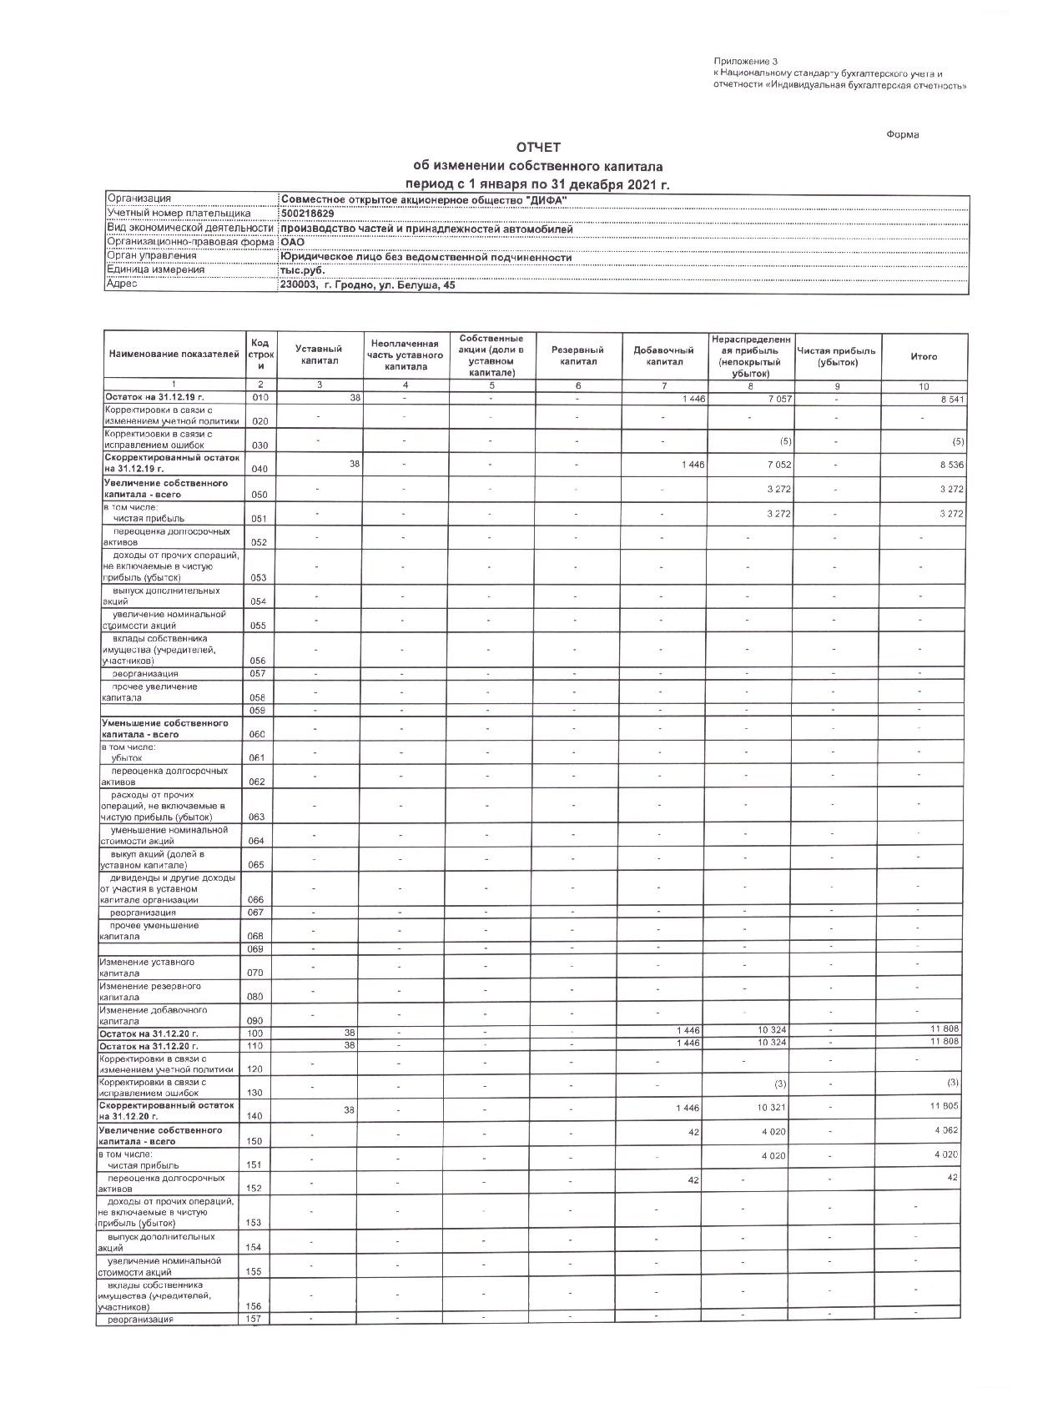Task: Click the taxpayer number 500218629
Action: [308, 214]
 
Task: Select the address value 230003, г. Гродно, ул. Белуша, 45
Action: [368, 285]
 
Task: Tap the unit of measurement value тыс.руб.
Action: [301, 270]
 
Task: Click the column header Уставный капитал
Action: [319, 355]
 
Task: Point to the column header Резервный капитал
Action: [577, 355]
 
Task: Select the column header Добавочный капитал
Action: [663, 355]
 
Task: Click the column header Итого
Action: [924, 356]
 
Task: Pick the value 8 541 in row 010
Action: [950, 400]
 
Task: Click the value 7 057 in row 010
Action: [779, 400]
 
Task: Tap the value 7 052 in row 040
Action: [778, 465]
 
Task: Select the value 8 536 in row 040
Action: [950, 465]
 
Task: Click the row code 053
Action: [258, 578]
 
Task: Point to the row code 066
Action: [256, 900]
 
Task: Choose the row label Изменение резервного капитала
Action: [150, 991]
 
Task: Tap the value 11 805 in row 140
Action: [945, 1106]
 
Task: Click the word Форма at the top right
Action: [903, 134]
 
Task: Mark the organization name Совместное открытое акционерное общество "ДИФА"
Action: [424, 199]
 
